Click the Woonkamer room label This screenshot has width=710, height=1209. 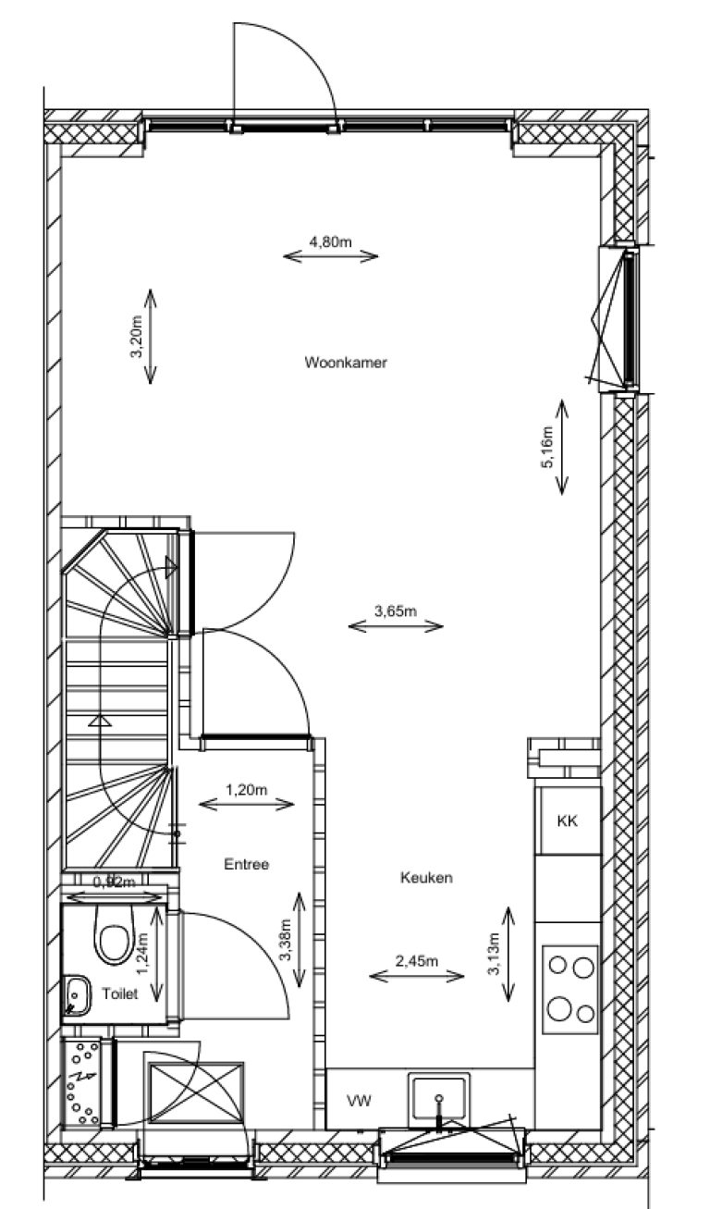(345, 363)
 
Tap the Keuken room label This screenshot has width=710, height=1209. (426, 878)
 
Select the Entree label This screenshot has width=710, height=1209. (246, 865)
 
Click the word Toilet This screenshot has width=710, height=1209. (121, 994)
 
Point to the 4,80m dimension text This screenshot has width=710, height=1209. (330, 242)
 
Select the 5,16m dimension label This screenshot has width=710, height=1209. (547, 447)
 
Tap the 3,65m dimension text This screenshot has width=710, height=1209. (396, 611)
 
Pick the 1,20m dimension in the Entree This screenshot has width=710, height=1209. (247, 790)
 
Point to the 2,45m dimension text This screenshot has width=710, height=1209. (416, 961)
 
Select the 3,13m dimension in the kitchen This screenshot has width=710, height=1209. (494, 955)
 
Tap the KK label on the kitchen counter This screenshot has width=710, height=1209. (568, 820)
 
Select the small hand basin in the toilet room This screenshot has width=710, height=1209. (76, 993)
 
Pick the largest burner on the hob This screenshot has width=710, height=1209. (560, 1007)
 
